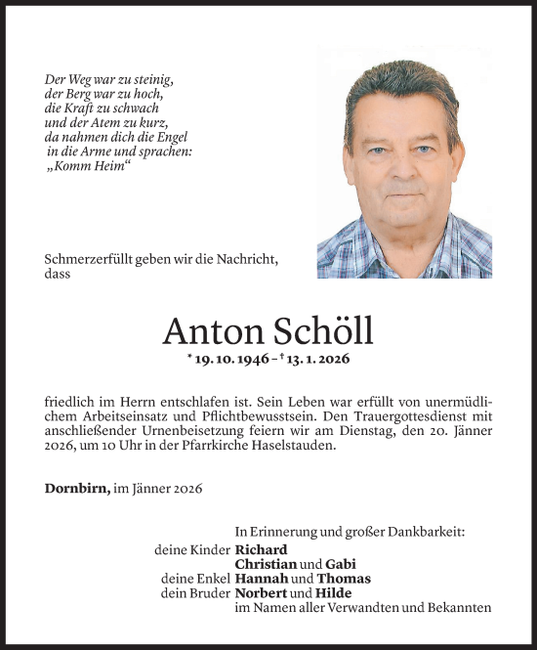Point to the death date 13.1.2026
tap(315, 361)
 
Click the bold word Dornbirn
tap(73, 487)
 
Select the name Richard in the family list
tap(262, 549)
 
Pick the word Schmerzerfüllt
tap(91, 259)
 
